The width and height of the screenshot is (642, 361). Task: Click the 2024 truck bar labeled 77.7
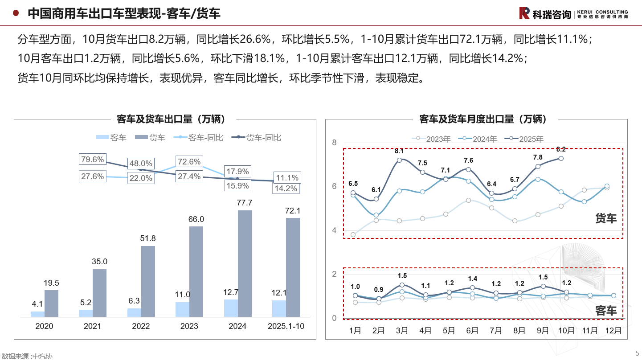[x=245, y=263]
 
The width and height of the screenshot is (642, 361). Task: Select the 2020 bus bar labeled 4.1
[x=37, y=314]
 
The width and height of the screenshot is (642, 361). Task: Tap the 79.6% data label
[x=92, y=159]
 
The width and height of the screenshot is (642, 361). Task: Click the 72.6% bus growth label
[x=189, y=162]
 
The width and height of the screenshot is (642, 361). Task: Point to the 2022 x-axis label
[x=141, y=326]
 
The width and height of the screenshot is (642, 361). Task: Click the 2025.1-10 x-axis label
[x=286, y=326]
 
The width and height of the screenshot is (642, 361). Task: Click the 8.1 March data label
[x=399, y=151]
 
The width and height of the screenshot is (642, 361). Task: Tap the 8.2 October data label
[x=561, y=149]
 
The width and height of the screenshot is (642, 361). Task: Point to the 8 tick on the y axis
[x=334, y=143]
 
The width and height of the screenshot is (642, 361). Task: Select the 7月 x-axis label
[x=495, y=331]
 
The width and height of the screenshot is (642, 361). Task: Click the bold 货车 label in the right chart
[x=606, y=218]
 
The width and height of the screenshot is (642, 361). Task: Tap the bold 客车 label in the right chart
[x=606, y=311]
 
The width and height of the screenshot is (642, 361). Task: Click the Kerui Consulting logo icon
[x=524, y=13]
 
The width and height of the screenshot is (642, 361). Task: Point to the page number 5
[x=637, y=353]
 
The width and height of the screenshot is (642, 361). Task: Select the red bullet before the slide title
[x=16, y=13]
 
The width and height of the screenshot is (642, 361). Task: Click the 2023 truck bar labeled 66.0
[x=196, y=271]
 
